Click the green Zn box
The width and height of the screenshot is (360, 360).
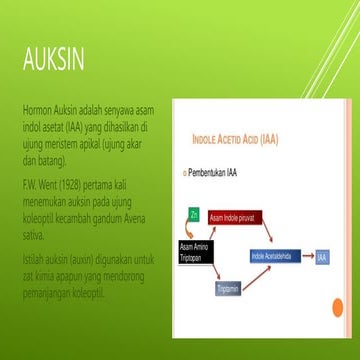(194, 214)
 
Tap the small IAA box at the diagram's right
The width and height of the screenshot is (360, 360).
(321, 258)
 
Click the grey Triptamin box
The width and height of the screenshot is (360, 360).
(227, 288)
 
